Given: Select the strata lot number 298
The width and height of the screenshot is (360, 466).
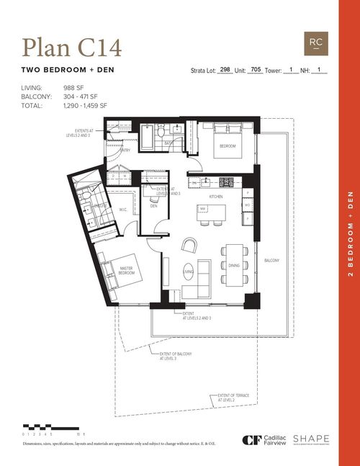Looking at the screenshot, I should (x=225, y=71).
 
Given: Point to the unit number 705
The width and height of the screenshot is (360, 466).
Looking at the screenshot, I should (x=255, y=71).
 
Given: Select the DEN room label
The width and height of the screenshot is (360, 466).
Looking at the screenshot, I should (x=153, y=206).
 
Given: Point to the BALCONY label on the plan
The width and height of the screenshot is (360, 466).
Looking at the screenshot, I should (x=271, y=260).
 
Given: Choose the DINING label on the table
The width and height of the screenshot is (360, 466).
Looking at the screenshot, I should (x=233, y=265).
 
